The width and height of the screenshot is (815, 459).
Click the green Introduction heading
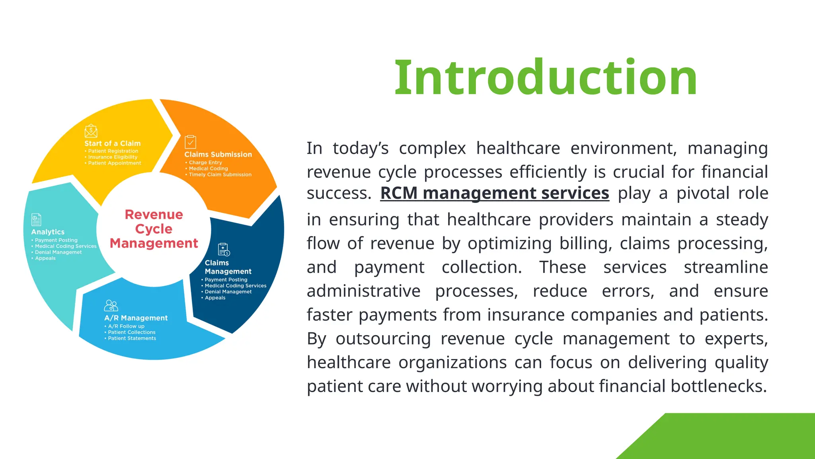click(545, 78)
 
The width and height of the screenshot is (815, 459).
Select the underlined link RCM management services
click(495, 193)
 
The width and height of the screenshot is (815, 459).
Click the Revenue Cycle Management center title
click(154, 229)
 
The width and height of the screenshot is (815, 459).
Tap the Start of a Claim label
click(112, 143)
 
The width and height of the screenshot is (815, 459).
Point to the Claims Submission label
click(218, 155)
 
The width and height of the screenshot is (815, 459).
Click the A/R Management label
click(136, 318)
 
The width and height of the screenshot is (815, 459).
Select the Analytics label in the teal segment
click(48, 232)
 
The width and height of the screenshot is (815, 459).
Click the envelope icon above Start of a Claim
click(91, 131)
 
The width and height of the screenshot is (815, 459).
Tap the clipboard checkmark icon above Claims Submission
click(190, 142)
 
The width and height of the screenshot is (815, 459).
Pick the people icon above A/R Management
click(111, 306)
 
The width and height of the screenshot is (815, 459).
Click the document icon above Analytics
click(36, 220)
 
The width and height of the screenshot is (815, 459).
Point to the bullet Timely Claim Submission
click(220, 175)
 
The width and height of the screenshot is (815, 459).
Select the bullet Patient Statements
click(132, 338)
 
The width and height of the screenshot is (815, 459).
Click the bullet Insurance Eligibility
click(113, 157)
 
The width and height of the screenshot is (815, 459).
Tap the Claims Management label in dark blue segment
click(228, 267)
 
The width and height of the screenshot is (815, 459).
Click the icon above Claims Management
click(224, 249)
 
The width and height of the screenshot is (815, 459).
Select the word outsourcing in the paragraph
click(383, 339)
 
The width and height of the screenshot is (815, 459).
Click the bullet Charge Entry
click(205, 163)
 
